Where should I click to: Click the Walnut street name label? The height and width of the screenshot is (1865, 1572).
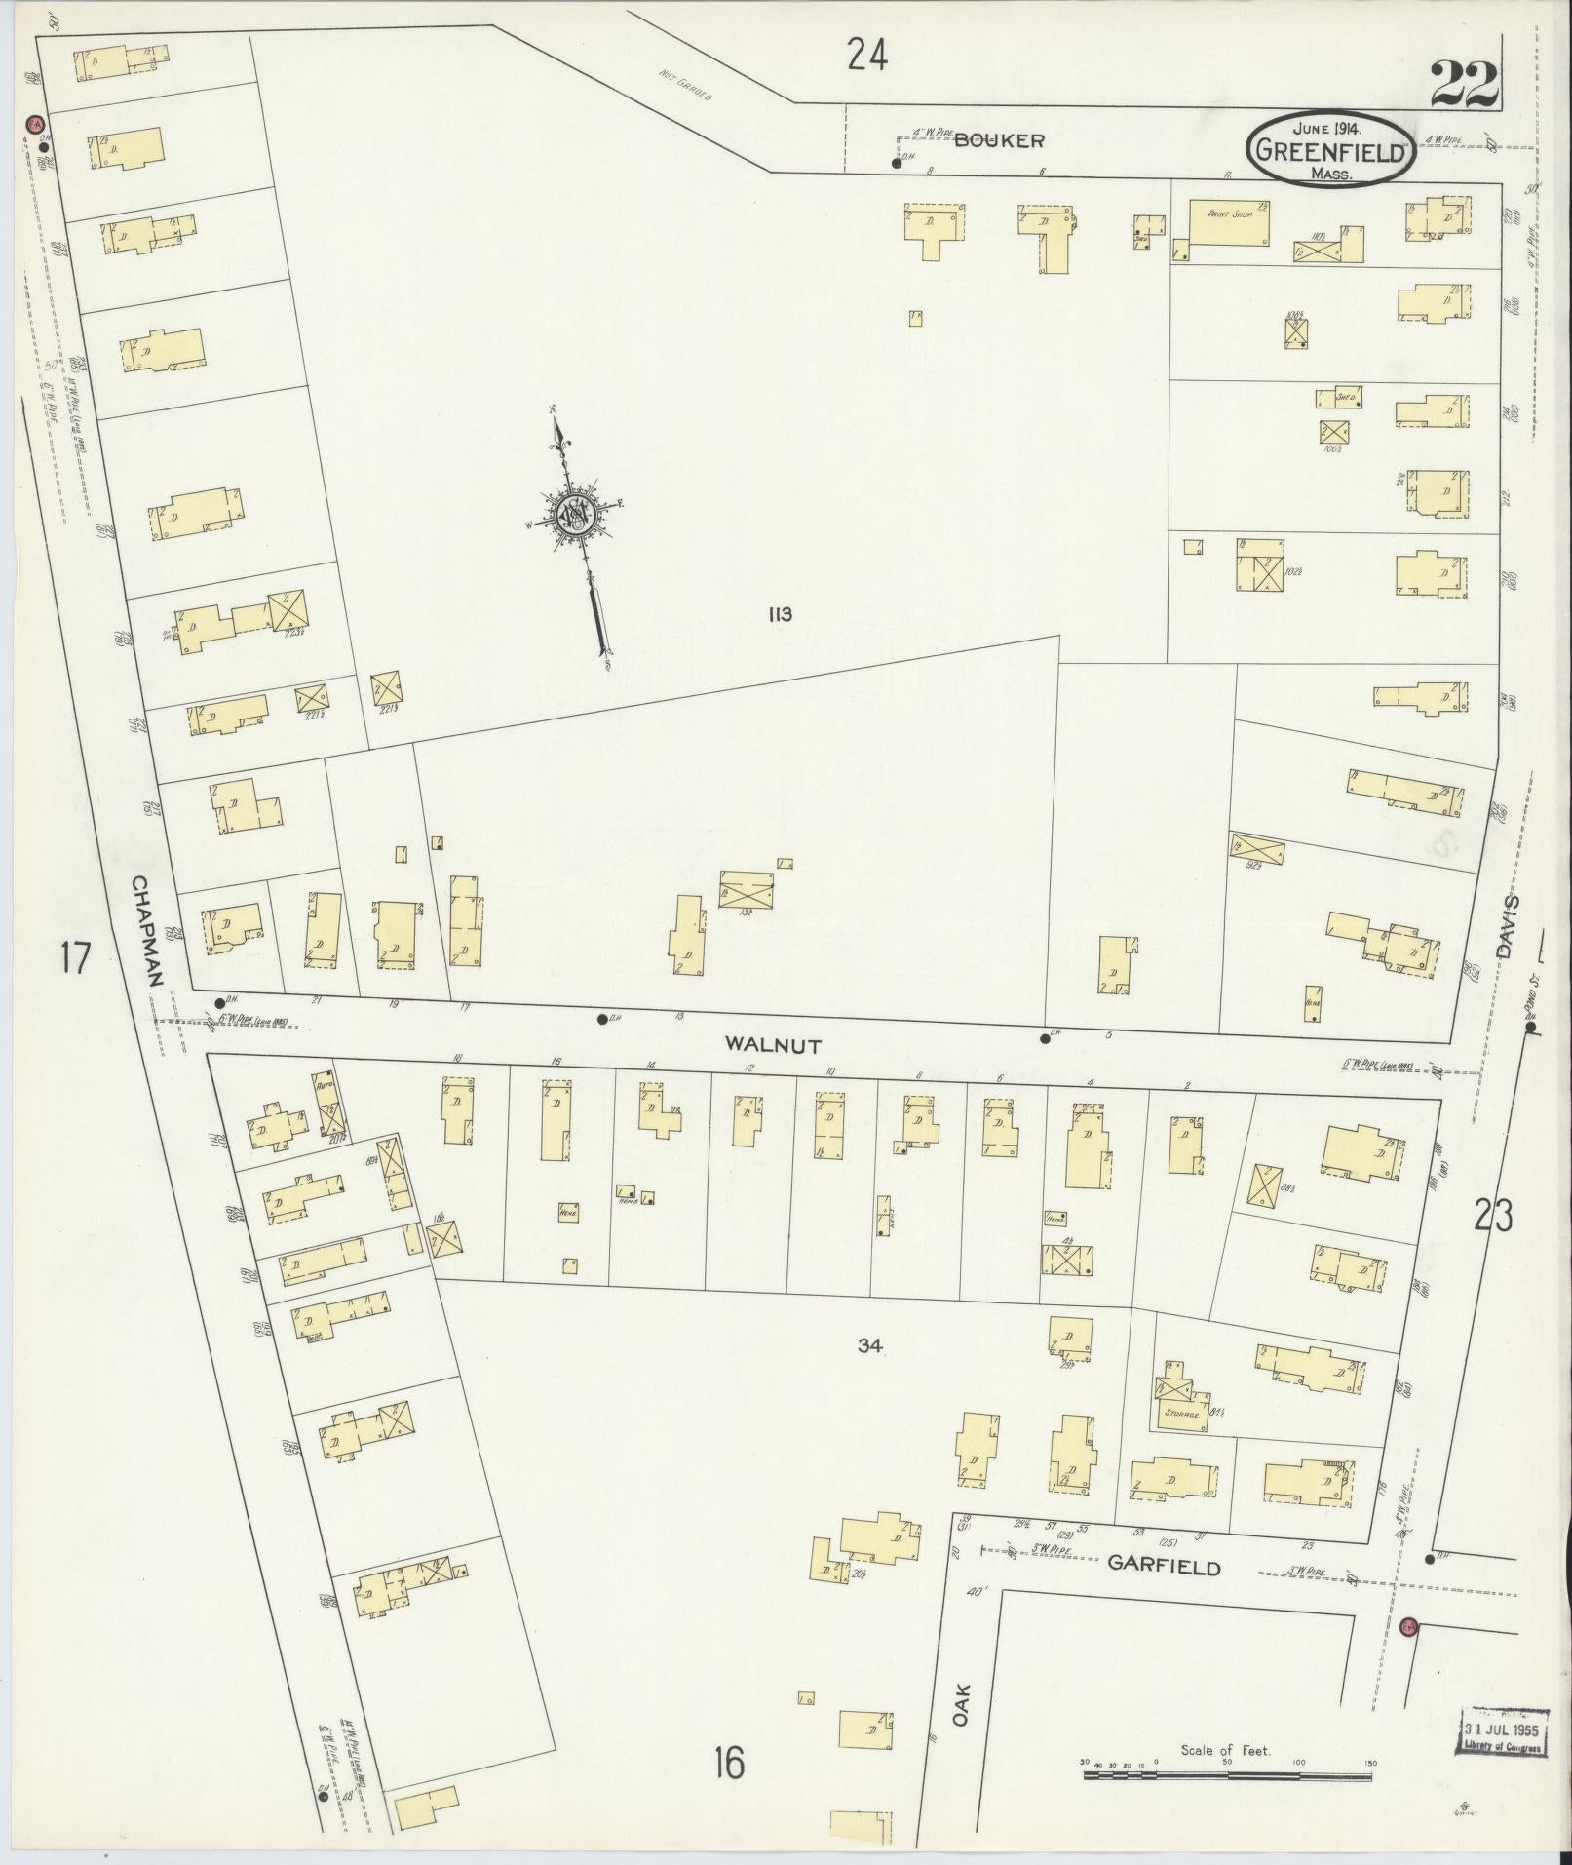click(x=773, y=1044)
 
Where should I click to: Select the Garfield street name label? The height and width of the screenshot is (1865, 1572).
click(x=1164, y=1567)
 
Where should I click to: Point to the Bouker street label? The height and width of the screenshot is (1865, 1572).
click(x=999, y=140)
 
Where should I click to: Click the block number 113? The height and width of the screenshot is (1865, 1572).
click(x=780, y=614)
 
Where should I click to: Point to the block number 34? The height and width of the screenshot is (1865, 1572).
click(x=870, y=1346)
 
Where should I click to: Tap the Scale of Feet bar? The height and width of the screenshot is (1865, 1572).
click(x=1227, y=1776)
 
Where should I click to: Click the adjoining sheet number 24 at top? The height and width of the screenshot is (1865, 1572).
click(x=866, y=56)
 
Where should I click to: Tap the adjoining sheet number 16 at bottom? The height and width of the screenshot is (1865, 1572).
click(x=728, y=1763)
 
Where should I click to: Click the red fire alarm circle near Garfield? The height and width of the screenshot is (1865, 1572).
click(x=1407, y=1626)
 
